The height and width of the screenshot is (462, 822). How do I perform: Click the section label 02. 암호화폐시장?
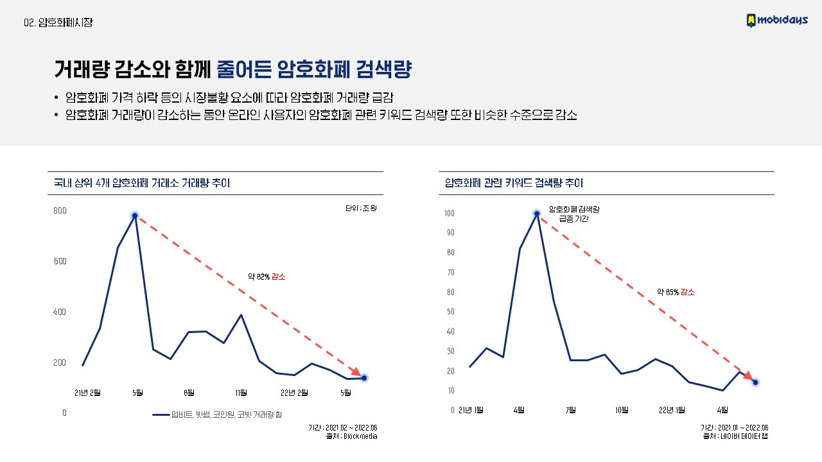pyautogui.click(x=58, y=22)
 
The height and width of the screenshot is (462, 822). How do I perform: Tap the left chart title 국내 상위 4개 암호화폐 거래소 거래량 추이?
pyautogui.click(x=139, y=184)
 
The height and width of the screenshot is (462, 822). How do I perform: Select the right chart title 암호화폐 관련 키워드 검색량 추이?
pyautogui.click(x=514, y=184)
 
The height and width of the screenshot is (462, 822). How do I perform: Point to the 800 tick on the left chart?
pyautogui.click(x=60, y=211)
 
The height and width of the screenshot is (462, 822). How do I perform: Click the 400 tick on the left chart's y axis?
pyautogui.click(x=60, y=312)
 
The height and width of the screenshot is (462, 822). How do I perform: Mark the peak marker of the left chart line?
pyautogui.click(x=135, y=216)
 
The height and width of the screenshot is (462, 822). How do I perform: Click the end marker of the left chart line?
pyautogui.click(x=364, y=378)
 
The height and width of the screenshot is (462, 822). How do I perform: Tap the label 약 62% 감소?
pyautogui.click(x=267, y=277)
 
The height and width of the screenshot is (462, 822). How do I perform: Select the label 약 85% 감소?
pyautogui.click(x=676, y=292)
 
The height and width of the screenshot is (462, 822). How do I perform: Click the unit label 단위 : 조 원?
pyautogui.click(x=360, y=209)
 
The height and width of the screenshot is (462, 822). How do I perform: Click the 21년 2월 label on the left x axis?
pyautogui.click(x=87, y=393)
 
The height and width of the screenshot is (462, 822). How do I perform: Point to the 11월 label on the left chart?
pyautogui.click(x=241, y=393)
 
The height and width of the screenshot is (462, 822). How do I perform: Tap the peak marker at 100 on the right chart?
pyautogui.click(x=537, y=214)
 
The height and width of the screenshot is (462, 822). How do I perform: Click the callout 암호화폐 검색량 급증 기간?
pyautogui.click(x=573, y=214)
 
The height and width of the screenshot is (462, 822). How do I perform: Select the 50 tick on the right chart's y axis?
pyautogui.click(x=450, y=312)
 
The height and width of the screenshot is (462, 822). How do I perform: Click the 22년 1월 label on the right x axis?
pyautogui.click(x=672, y=410)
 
